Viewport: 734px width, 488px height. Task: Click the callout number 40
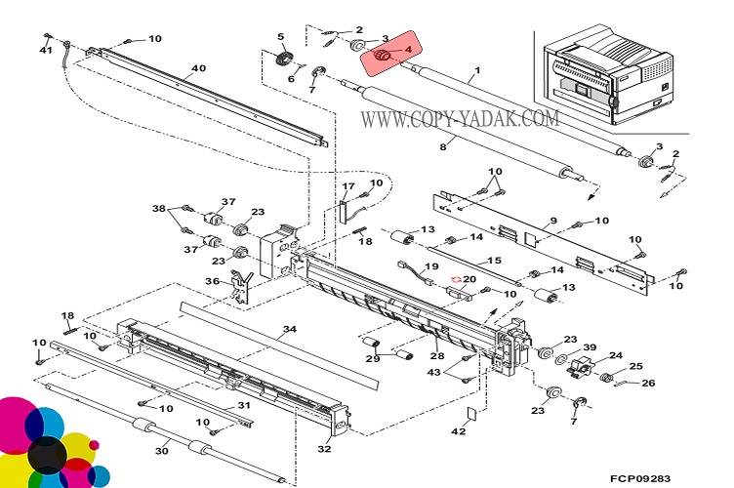click(198, 68)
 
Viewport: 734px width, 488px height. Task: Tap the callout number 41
click(46, 51)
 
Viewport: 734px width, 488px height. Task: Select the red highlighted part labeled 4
click(384, 56)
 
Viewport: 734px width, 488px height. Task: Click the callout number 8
click(442, 147)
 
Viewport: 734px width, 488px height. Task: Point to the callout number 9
click(552, 223)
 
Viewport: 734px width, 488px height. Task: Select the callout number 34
click(289, 329)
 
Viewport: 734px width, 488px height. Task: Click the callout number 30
click(163, 450)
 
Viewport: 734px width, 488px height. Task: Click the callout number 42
click(459, 430)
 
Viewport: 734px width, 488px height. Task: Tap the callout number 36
click(212, 282)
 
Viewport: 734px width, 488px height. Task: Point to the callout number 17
click(347, 186)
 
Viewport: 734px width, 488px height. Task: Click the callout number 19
click(432, 265)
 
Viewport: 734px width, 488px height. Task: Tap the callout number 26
click(647, 383)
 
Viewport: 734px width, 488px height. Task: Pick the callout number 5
click(280, 37)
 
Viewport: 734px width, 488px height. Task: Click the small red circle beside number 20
click(454, 279)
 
